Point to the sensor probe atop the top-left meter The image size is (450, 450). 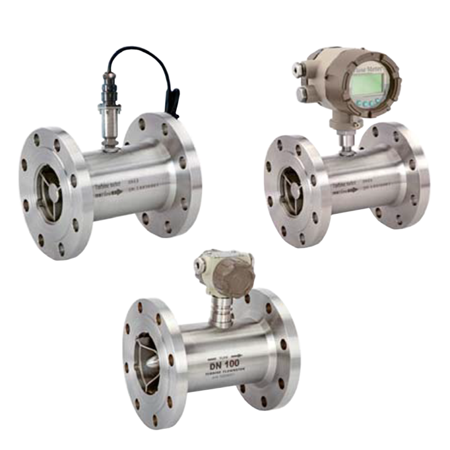click(x=108, y=111)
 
